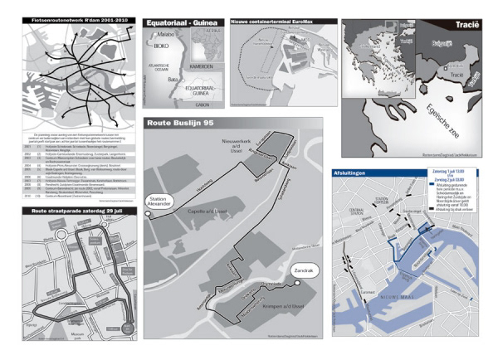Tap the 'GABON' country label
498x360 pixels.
click(x=203, y=105)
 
